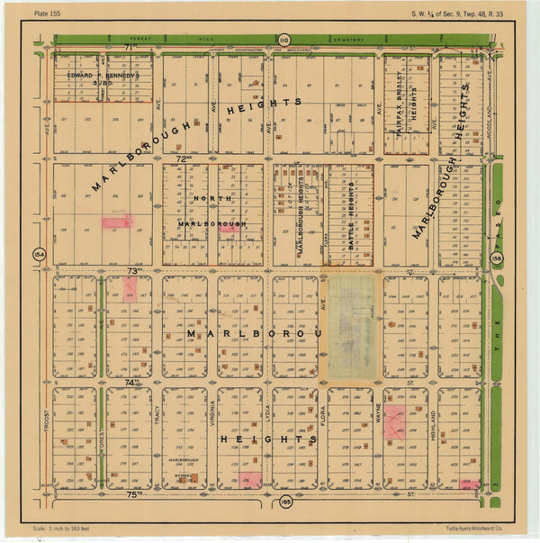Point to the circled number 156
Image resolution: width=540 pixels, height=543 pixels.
click(497, 259)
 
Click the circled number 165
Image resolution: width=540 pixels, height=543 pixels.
click(285, 502)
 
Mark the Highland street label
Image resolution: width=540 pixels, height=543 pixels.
click(432, 420)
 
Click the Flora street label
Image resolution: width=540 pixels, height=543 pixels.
click(322, 417)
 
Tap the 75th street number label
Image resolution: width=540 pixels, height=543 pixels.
click(133, 493)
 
